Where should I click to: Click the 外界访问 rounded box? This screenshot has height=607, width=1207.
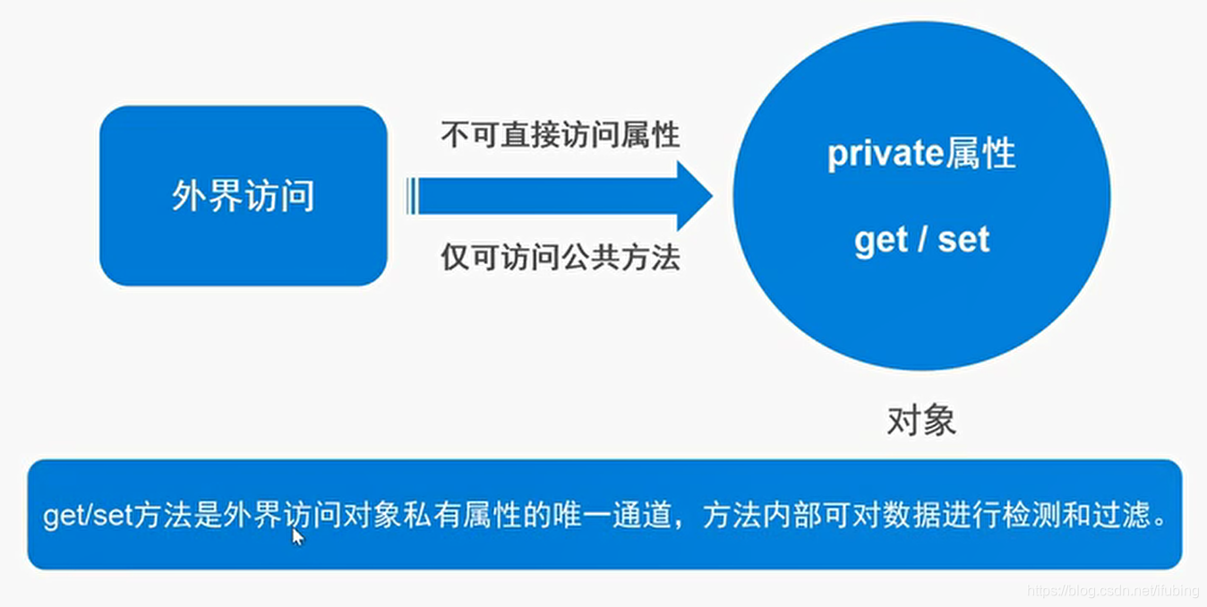tap(243, 196)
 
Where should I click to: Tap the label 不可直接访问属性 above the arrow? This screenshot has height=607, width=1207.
tap(560, 136)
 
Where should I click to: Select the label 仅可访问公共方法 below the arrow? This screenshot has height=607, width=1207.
tap(560, 258)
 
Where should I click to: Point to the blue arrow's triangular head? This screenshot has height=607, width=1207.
tap(693, 196)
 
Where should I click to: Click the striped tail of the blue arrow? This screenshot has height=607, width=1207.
tap(413, 196)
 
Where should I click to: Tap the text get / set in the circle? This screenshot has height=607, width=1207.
tap(921, 240)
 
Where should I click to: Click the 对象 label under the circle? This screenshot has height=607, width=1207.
tap(921, 420)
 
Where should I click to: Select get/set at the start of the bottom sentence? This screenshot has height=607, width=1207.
tap(87, 517)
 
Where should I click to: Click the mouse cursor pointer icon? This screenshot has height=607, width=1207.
tap(297, 535)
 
